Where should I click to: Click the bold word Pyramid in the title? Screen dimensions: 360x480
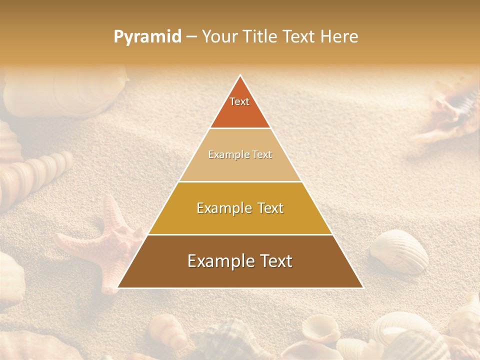(147, 37)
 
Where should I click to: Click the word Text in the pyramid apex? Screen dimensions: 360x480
(239, 101)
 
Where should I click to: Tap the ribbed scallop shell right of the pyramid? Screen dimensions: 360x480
(400, 250)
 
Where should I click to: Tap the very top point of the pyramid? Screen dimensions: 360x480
(240, 75)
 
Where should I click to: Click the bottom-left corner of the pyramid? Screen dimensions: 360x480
(118, 287)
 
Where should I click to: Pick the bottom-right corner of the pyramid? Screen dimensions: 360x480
(363, 287)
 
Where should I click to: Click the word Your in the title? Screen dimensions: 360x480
(220, 37)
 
